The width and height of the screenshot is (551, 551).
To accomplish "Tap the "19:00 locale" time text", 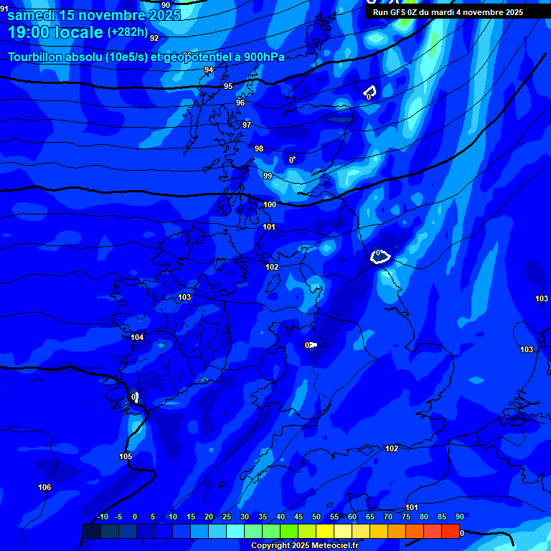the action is point(55,32).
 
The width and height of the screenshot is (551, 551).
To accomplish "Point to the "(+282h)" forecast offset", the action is point(127,32).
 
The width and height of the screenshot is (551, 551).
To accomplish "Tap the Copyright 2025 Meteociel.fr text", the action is point(304,545).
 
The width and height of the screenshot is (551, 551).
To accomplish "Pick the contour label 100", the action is point(270,204).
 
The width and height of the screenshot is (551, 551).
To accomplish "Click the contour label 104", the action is point(137,337).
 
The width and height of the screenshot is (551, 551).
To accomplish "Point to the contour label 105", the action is point(126,456).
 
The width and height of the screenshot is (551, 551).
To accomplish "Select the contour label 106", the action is point(44,487).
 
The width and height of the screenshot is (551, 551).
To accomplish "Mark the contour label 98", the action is point(259,149).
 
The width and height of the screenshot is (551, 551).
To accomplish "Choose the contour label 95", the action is point(228,86).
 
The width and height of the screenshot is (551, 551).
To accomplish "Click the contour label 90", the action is point(166,5).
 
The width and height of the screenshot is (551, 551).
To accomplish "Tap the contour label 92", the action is point(154,38).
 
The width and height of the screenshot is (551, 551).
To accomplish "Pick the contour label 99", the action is point(268,176).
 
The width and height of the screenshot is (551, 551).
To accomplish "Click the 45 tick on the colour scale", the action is point(298,517).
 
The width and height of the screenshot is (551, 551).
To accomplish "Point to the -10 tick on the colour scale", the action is point(103,517).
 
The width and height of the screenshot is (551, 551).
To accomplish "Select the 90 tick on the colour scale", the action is point(460,517).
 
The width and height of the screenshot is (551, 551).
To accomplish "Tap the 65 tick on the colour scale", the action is point(370,517).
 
